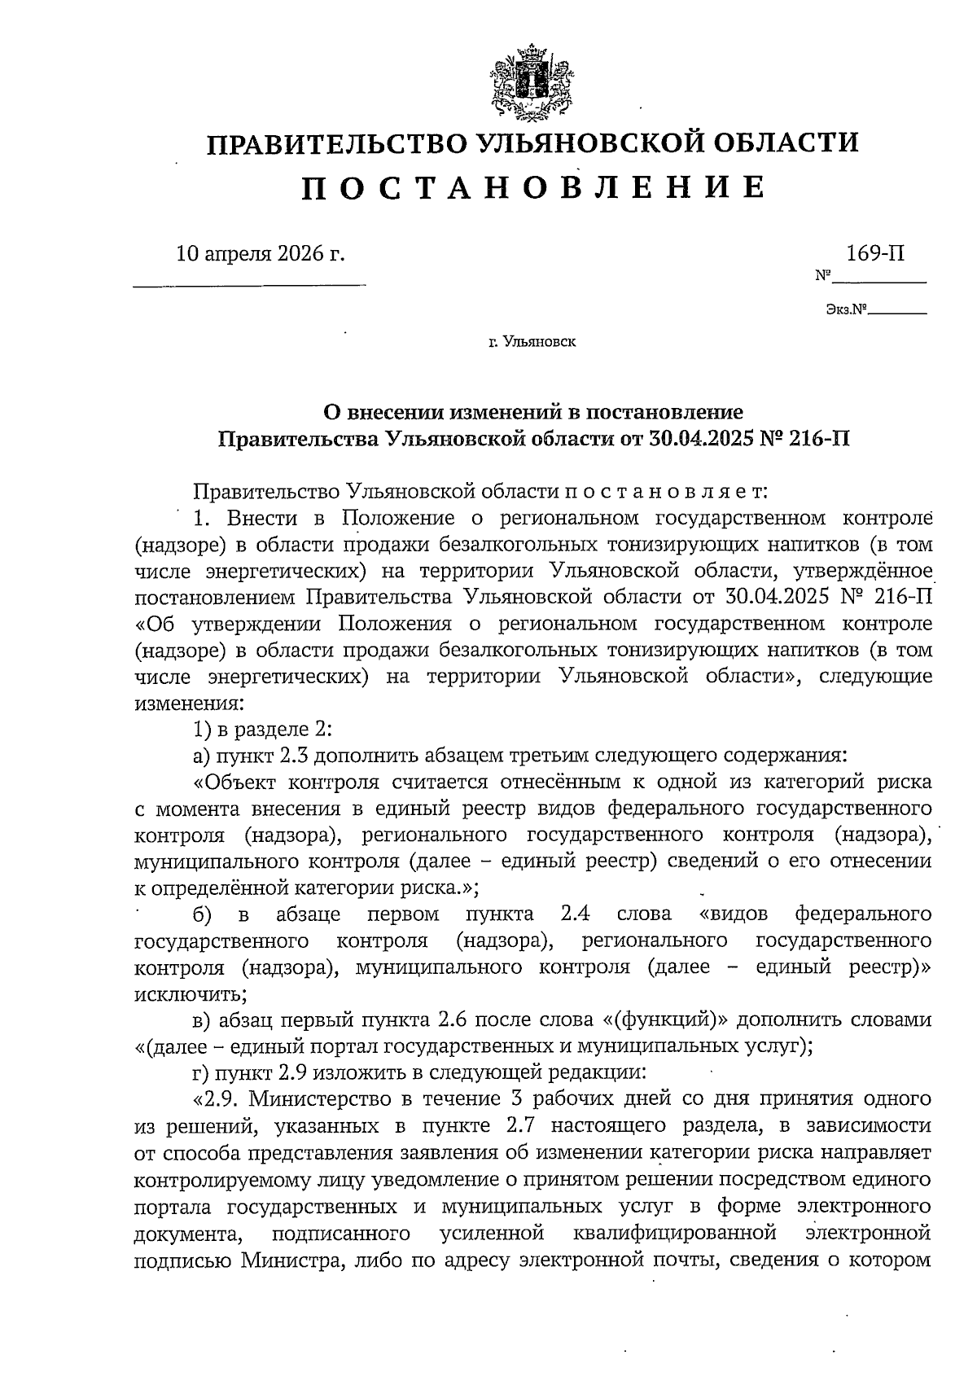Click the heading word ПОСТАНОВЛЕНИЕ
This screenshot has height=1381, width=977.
point(534,189)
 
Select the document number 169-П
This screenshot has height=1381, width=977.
point(875,252)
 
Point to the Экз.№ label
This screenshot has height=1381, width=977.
point(844,310)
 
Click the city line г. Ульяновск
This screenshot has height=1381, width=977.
point(532,342)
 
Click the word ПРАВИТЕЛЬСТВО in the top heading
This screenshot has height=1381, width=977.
point(334,144)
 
